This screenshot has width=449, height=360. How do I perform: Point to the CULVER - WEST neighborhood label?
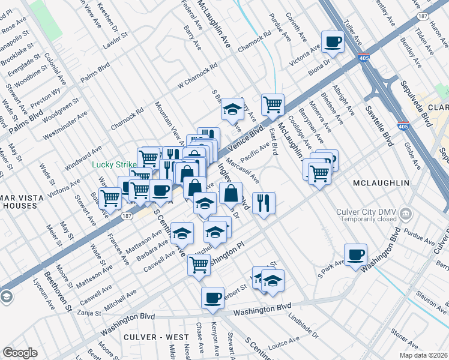(152, 337)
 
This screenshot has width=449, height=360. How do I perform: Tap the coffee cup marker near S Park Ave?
(355, 253)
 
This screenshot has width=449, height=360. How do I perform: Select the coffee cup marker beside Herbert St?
(212, 298)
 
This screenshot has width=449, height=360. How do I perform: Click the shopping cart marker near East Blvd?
(273, 105)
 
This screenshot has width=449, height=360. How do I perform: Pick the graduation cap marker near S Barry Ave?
(232, 109)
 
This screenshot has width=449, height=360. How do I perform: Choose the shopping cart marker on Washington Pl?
(199, 265)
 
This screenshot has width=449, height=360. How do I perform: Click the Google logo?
(20, 353)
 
